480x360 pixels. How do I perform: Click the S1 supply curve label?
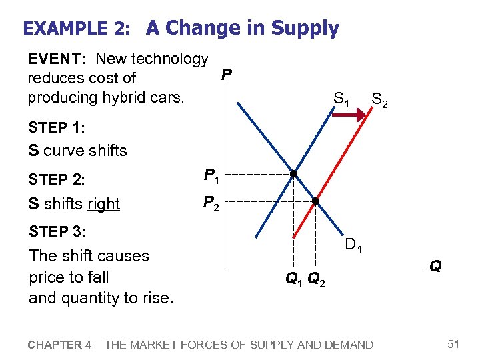click(x=341, y=101)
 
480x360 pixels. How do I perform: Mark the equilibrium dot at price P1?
click(x=293, y=175)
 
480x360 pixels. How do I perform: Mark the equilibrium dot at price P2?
click(x=316, y=201)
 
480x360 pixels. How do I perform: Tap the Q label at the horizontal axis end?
click(x=435, y=267)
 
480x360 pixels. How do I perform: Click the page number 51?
click(x=454, y=344)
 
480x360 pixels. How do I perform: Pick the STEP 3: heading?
click(x=57, y=231)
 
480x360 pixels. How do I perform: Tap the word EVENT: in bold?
click(x=54, y=59)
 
